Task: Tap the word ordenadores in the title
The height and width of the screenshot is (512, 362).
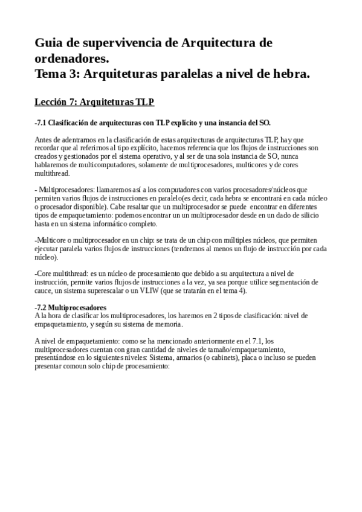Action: tap(71, 59)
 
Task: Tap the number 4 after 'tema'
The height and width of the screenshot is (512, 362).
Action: tap(241, 290)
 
